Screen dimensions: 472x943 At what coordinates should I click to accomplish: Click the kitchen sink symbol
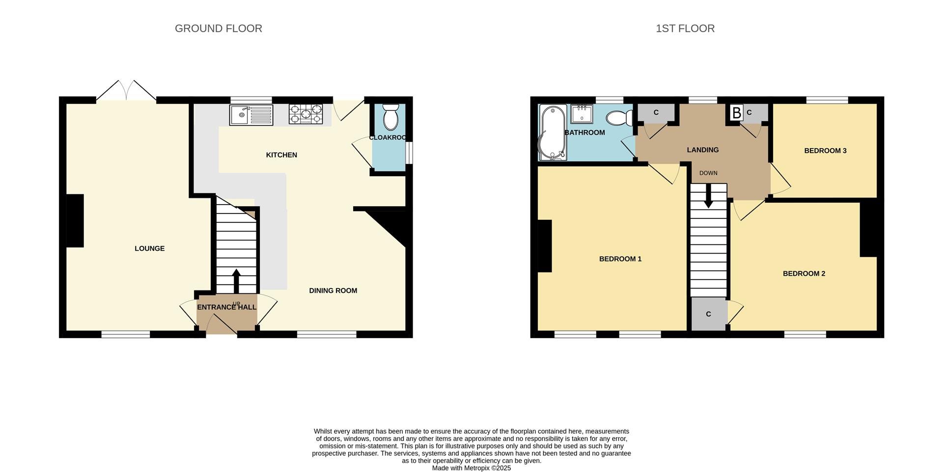click(x=251, y=115)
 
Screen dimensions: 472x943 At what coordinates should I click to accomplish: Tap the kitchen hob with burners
click(x=305, y=114)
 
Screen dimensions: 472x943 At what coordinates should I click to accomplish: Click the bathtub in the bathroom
click(x=553, y=132)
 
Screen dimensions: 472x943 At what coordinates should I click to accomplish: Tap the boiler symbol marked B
click(x=736, y=113)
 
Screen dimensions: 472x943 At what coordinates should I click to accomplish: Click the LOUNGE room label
click(x=149, y=248)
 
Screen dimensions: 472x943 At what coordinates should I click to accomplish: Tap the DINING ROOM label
click(x=333, y=290)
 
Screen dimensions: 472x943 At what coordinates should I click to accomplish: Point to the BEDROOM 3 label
click(x=825, y=151)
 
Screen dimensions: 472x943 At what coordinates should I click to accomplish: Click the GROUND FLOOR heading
click(x=218, y=28)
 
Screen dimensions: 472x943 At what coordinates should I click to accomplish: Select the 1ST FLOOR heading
click(x=685, y=28)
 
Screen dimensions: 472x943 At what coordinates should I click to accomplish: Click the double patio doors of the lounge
click(x=126, y=91)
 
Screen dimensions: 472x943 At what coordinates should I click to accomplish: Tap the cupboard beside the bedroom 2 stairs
click(x=708, y=314)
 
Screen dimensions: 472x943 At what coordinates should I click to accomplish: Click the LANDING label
click(x=702, y=150)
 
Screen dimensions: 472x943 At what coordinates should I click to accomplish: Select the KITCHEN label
click(x=281, y=155)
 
